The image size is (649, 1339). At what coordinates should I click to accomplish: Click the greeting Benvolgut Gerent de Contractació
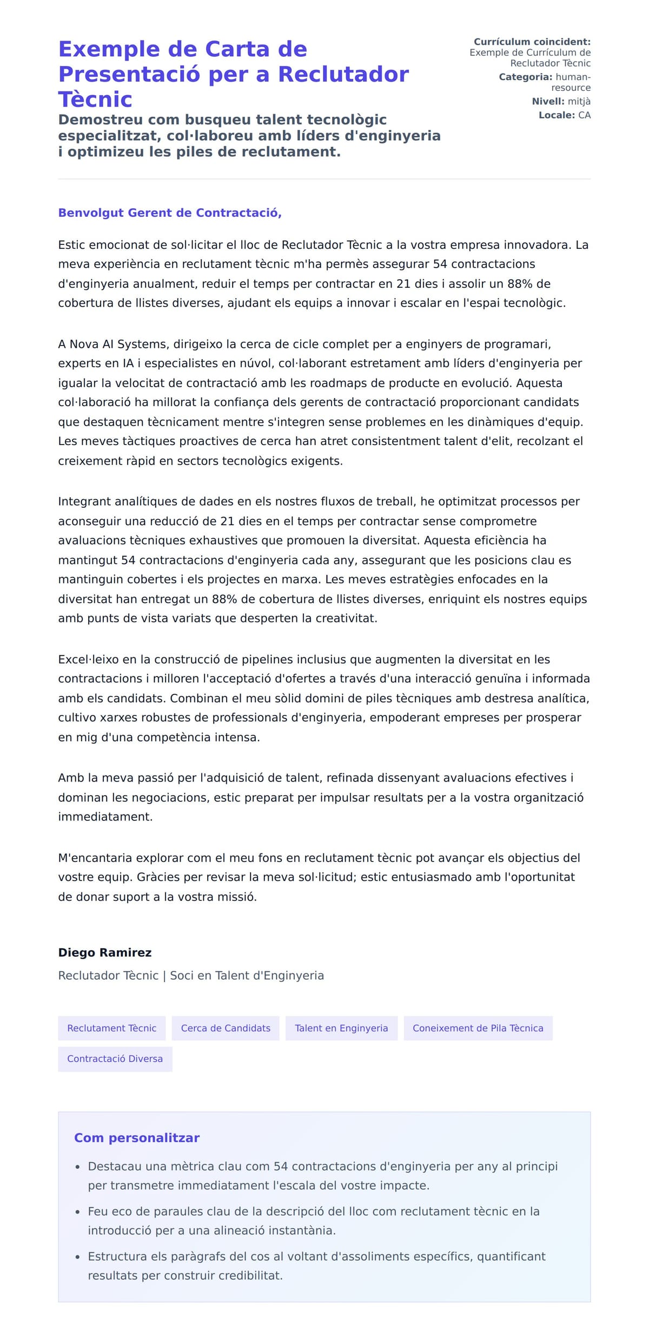click(170, 213)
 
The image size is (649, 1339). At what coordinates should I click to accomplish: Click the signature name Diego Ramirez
click(105, 952)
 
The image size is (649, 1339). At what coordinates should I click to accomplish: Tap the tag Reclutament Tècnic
click(111, 1028)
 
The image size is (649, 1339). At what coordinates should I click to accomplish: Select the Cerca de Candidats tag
click(226, 1028)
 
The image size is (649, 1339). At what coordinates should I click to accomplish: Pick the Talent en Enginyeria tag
click(341, 1028)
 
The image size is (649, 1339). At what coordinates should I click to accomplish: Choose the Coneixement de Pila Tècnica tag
click(478, 1028)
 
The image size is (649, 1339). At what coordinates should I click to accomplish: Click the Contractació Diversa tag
click(115, 1059)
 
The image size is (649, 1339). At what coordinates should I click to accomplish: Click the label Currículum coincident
click(532, 42)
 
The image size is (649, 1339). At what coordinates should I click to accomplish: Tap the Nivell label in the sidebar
click(547, 101)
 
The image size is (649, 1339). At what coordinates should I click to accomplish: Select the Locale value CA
click(584, 115)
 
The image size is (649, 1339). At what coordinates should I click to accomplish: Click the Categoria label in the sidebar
click(525, 77)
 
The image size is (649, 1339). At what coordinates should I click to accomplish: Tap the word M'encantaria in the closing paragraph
click(95, 858)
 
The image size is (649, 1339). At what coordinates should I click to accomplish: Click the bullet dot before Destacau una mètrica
click(78, 1168)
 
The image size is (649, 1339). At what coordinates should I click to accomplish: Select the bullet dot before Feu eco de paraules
click(78, 1212)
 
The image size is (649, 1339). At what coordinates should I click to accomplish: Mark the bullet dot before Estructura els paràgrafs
click(78, 1257)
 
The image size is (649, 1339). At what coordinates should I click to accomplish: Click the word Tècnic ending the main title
click(95, 100)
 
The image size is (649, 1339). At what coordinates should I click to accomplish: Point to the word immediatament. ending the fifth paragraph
click(105, 817)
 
